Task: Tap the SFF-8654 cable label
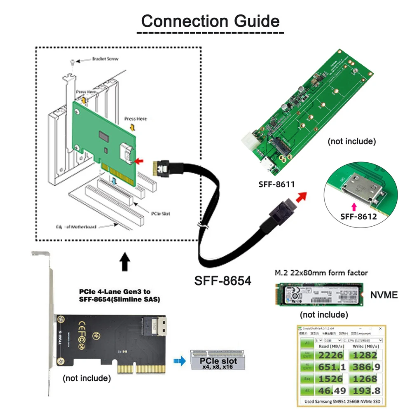222,281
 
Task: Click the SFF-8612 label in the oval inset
358,216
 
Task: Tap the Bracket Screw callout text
105,59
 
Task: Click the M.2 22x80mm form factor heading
321,273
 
